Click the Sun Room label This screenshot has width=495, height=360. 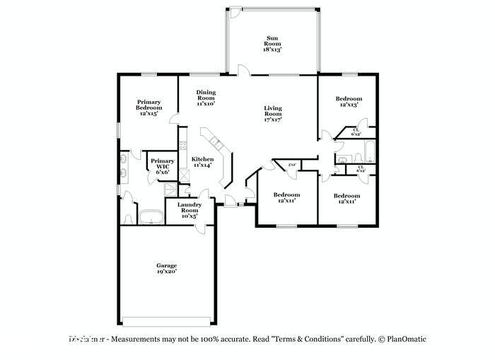pyautogui.click(x=273, y=44)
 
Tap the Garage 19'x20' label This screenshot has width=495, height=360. pyautogui.click(x=166, y=268)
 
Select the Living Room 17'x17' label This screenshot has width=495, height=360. pyautogui.click(x=273, y=114)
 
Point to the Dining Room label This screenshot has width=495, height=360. pyautogui.click(x=206, y=98)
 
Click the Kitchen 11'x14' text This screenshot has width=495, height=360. pyautogui.click(x=202, y=162)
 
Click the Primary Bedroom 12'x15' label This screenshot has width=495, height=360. pyautogui.click(x=148, y=107)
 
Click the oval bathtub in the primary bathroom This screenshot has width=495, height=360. pyautogui.click(x=150, y=216)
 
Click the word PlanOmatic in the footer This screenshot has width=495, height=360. pyautogui.click(x=407, y=339)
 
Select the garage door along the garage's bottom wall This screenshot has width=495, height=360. pyautogui.click(x=166, y=318)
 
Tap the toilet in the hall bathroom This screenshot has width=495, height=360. pyautogui.click(x=337, y=168)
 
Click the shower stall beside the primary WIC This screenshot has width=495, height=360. pyautogui.click(x=170, y=188)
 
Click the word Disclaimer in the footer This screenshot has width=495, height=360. pyautogui.click(x=87, y=339)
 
